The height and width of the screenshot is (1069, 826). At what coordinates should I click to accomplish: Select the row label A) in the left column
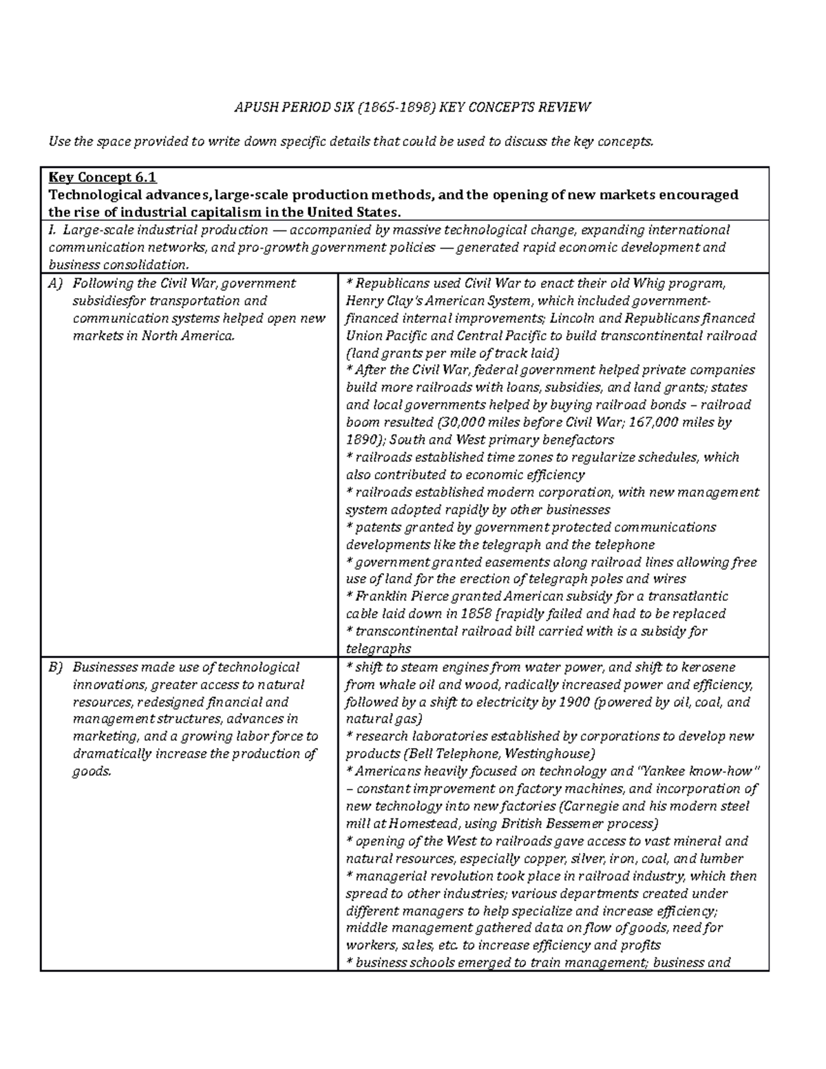(54, 283)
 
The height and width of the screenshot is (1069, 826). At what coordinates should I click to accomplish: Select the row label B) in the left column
(54, 667)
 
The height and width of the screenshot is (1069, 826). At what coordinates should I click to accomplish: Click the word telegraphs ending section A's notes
(378, 648)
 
